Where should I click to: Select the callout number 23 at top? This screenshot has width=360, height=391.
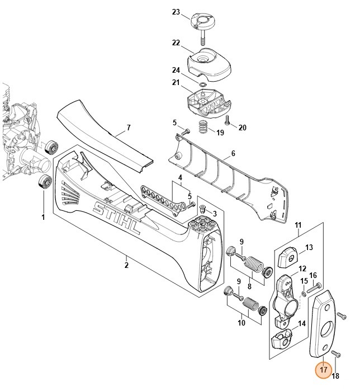pyautogui.click(x=176, y=12)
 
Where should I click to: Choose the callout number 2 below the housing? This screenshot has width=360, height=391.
pyautogui.click(x=126, y=265)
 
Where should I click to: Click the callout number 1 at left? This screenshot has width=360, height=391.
pyautogui.click(x=43, y=217)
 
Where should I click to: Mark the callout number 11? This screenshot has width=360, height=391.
pyautogui.click(x=299, y=225)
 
